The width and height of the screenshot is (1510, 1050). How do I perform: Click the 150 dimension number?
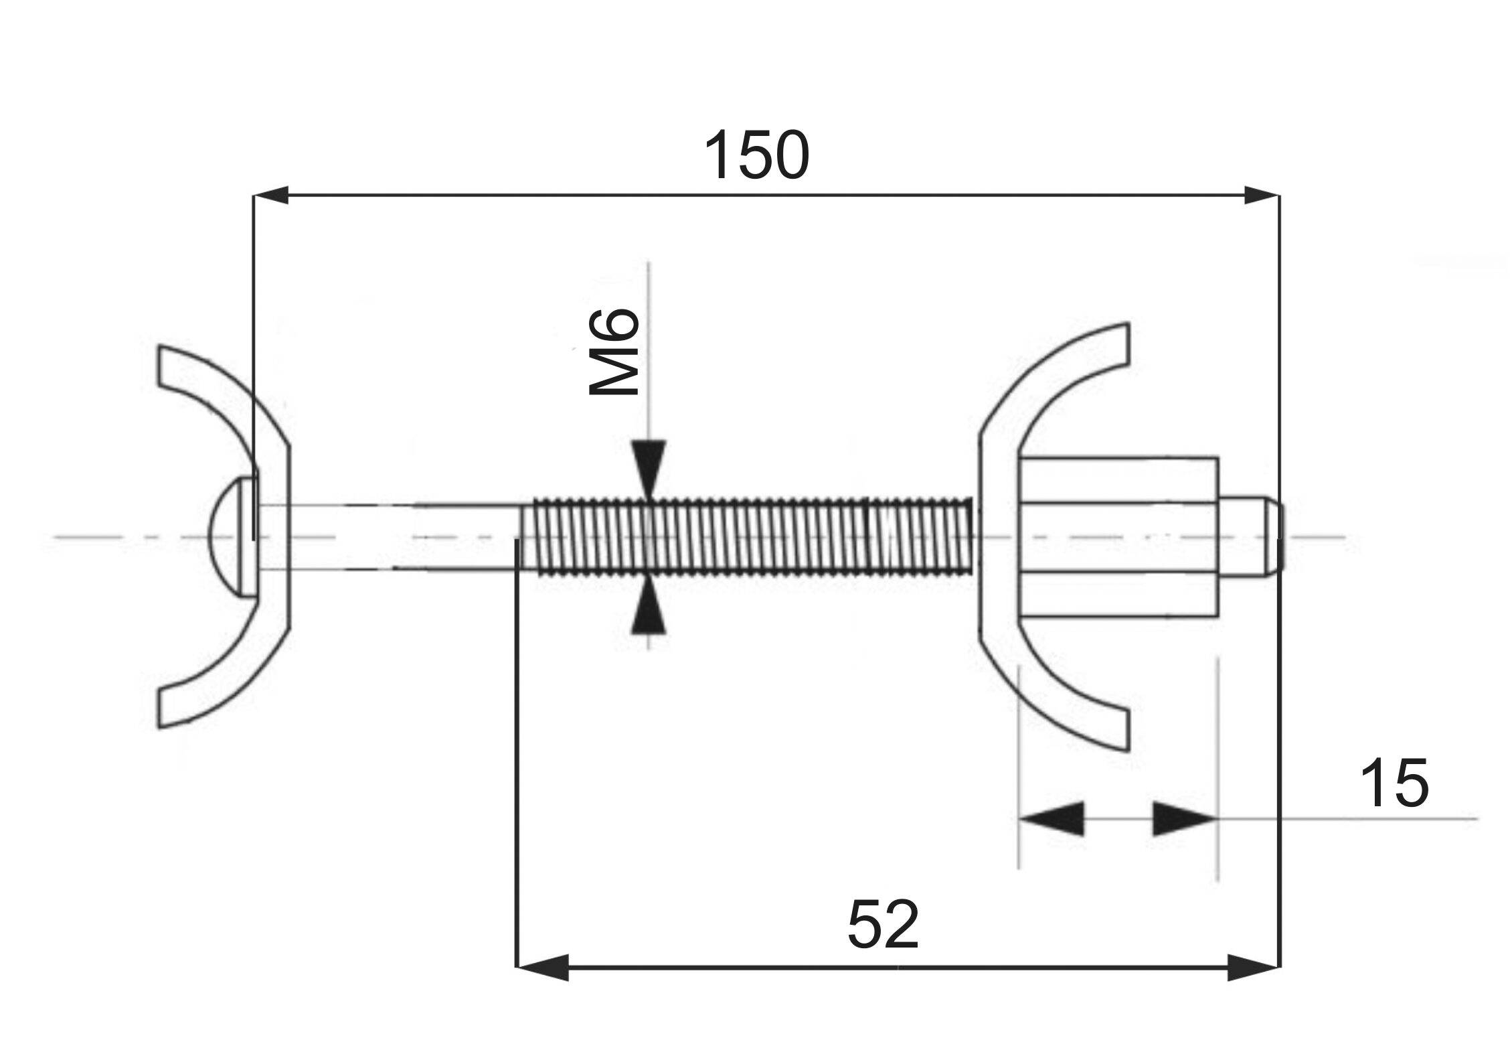(x=756, y=155)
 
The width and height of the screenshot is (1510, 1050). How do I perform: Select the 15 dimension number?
(x=1395, y=783)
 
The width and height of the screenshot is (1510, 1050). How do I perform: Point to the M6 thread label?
(x=614, y=352)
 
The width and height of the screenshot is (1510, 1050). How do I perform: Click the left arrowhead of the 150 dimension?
(x=271, y=196)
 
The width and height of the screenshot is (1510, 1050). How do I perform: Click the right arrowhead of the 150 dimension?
(x=1261, y=196)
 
